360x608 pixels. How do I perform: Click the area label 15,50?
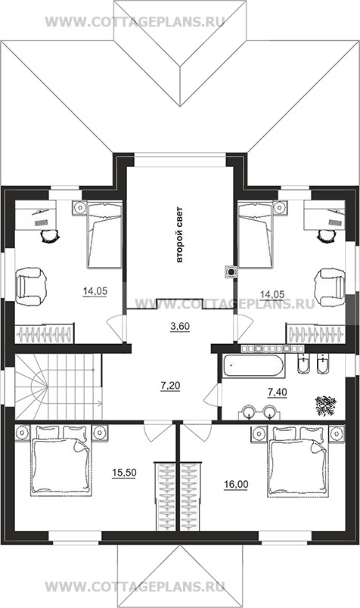(x=124, y=473)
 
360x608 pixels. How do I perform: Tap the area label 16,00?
(x=236, y=484)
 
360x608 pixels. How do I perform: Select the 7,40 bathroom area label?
(x=278, y=392)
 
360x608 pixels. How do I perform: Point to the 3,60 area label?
(x=180, y=327)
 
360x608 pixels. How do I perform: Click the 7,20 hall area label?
(x=170, y=386)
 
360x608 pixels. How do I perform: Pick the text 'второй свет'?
(x=179, y=235)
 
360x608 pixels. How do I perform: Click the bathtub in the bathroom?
(x=253, y=366)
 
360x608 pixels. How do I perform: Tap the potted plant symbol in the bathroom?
(x=325, y=405)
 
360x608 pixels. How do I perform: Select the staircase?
(x=58, y=386)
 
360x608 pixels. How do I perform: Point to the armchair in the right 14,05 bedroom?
(x=330, y=287)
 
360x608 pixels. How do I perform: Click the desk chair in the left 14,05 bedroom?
(x=50, y=235)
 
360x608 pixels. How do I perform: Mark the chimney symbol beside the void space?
(x=231, y=272)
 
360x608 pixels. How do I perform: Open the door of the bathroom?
(x=213, y=393)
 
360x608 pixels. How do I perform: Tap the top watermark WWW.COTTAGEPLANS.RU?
(x=135, y=21)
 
